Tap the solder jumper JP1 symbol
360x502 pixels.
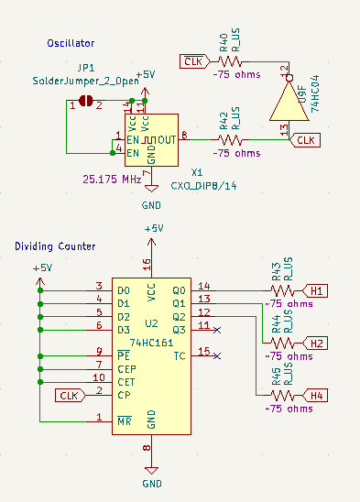88,101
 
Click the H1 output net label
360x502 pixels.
318,290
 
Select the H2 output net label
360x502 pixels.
318,343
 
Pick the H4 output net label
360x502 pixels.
318,395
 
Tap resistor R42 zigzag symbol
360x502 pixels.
231,140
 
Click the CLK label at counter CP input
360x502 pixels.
67,395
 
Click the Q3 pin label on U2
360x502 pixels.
179,329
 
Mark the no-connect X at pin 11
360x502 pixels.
216,327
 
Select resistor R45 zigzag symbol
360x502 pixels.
283,395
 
